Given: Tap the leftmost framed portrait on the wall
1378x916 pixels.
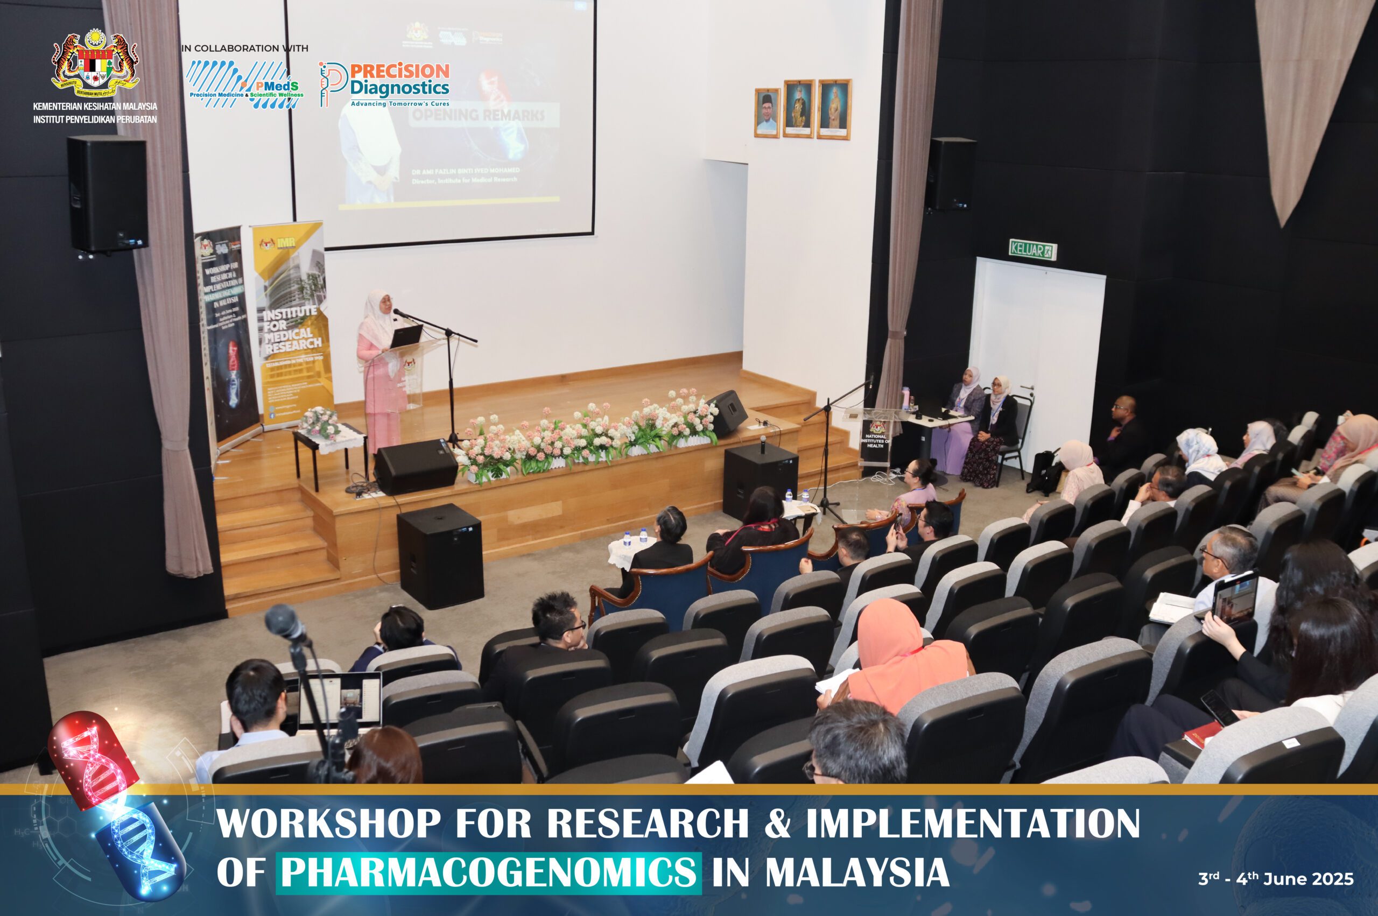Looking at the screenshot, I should click(x=767, y=112).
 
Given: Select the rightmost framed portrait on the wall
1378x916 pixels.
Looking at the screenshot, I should click(x=834, y=109).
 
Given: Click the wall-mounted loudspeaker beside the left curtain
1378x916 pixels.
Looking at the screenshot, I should click(x=108, y=194).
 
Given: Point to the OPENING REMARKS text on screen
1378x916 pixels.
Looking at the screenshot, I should click(x=479, y=115).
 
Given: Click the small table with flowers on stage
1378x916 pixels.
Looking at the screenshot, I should click(x=328, y=439).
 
